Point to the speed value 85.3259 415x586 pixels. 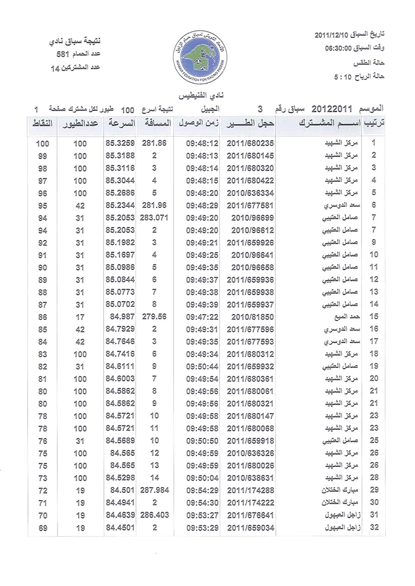pos(120,143)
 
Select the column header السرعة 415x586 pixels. pos(120,124)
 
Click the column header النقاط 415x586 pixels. pos(41,124)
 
